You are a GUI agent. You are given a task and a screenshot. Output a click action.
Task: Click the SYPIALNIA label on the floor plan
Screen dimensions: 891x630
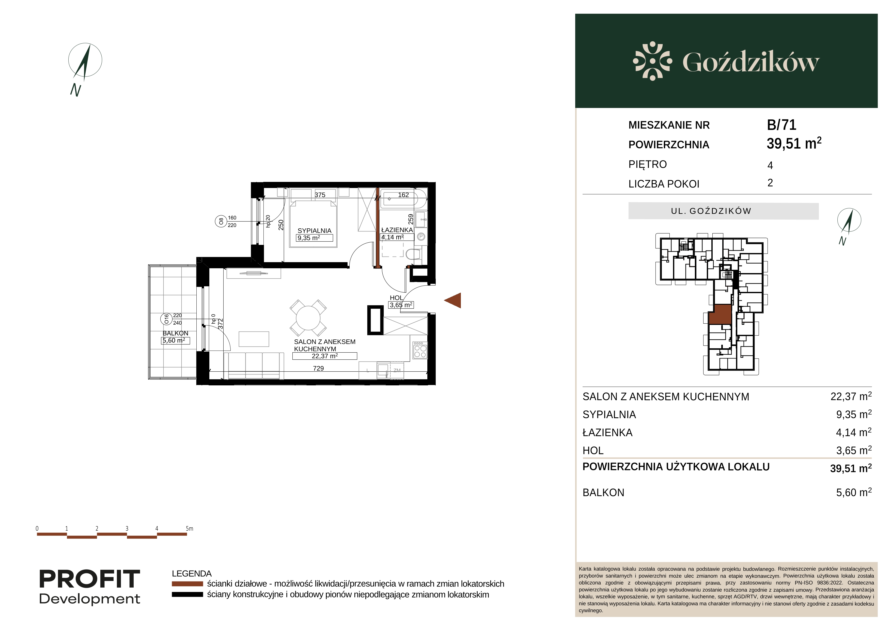tap(314, 230)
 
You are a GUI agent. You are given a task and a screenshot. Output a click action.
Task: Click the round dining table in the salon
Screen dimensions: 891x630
tap(308, 318)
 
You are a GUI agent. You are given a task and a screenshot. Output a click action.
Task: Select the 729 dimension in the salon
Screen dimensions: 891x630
tap(318, 368)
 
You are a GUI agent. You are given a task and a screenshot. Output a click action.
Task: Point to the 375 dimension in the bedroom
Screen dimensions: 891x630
tap(320, 195)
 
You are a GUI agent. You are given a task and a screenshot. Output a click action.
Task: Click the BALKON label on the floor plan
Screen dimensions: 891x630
tap(175, 333)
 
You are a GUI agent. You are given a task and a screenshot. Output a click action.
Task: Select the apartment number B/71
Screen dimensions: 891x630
tap(781, 125)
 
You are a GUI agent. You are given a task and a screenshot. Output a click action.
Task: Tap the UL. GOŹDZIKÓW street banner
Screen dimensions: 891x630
tap(723, 211)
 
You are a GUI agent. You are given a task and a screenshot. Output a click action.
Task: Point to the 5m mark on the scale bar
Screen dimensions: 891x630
tap(189, 528)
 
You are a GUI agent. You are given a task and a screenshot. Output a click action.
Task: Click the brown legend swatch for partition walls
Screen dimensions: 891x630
tap(187, 584)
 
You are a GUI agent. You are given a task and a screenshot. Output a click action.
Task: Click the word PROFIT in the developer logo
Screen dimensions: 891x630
tap(90, 579)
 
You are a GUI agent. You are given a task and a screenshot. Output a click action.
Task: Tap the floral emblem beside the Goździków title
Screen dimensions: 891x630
tap(652, 61)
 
